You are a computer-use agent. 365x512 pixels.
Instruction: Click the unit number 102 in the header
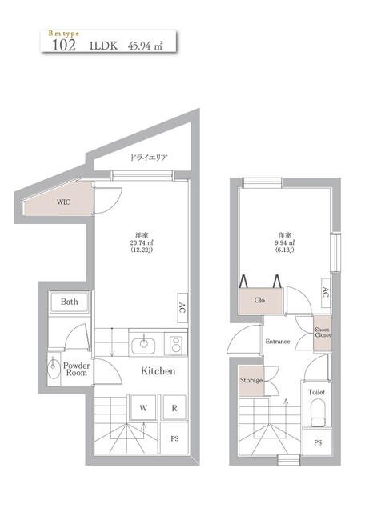(x=63, y=46)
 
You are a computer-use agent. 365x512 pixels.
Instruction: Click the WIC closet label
(x=63, y=202)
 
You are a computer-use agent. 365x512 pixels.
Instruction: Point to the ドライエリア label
(x=149, y=158)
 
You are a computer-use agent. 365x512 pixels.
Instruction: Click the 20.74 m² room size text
(x=142, y=246)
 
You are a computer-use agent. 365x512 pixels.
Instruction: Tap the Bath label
(x=70, y=302)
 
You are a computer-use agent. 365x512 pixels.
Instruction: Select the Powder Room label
(x=77, y=369)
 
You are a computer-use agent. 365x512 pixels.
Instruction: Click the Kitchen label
(x=158, y=371)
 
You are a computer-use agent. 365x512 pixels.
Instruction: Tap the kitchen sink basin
(x=145, y=344)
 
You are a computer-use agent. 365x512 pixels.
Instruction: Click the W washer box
(x=144, y=408)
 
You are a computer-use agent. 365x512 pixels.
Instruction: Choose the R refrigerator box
(x=174, y=408)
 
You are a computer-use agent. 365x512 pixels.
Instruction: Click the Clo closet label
(x=259, y=301)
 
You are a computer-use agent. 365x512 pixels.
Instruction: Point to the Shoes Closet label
(x=322, y=332)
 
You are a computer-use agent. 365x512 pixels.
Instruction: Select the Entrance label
(x=278, y=342)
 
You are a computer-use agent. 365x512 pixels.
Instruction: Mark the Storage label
(x=251, y=380)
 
